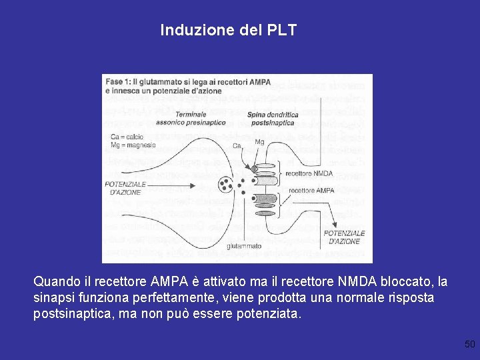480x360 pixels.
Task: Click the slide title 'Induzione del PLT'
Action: [228, 31]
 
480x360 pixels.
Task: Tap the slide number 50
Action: [470, 344]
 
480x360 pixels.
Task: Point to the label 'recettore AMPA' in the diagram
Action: [311, 191]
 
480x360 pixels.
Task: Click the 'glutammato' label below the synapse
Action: [244, 246]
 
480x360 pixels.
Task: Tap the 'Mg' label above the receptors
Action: [259, 141]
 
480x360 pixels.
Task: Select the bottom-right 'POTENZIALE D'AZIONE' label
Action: [344, 237]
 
